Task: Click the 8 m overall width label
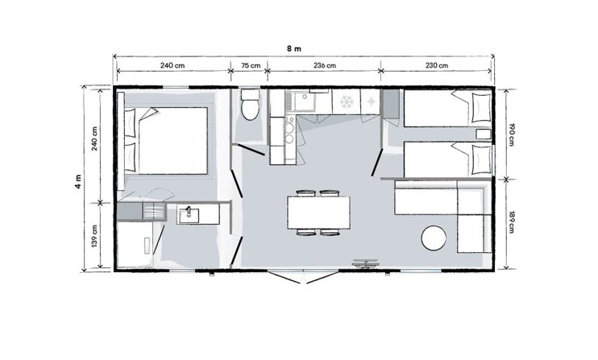(x=294, y=49)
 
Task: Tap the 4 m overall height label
(x=78, y=182)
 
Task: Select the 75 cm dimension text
(x=251, y=65)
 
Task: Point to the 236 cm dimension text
(x=325, y=65)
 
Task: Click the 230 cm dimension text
(x=437, y=65)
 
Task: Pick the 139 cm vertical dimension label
(x=94, y=235)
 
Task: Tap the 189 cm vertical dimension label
(x=511, y=222)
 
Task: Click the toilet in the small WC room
(x=250, y=105)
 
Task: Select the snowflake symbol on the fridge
(x=347, y=101)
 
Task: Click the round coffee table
(x=434, y=238)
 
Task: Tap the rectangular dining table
(x=319, y=212)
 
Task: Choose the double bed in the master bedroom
(x=167, y=141)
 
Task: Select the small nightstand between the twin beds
(x=484, y=134)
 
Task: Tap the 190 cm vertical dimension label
(x=511, y=134)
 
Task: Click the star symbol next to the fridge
(x=370, y=101)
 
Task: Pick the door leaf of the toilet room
(x=251, y=150)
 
